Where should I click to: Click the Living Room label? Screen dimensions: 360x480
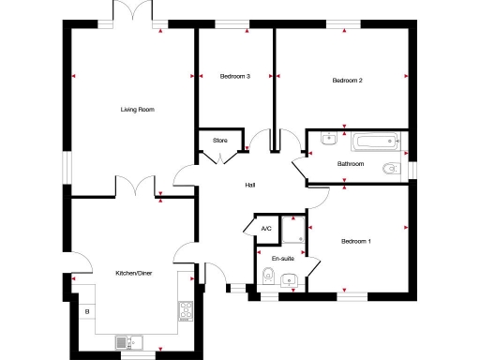pos(137,110)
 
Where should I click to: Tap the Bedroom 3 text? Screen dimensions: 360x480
pos(234,76)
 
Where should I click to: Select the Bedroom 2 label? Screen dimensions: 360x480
pos(347,81)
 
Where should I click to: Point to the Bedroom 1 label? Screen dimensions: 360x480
pos(355,242)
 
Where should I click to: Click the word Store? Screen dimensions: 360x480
pos(219,141)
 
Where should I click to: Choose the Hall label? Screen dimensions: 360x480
pos(250,185)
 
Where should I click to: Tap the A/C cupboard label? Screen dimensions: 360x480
pos(266,228)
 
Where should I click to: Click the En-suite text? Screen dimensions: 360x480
pos(282,258)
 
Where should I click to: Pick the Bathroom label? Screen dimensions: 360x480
pos(351,164)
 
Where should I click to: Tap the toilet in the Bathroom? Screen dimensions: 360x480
pos(393,169)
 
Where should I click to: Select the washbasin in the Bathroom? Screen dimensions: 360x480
pos(327,141)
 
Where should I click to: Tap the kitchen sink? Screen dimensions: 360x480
pos(127,341)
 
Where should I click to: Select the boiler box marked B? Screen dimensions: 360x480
pos(87,311)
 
